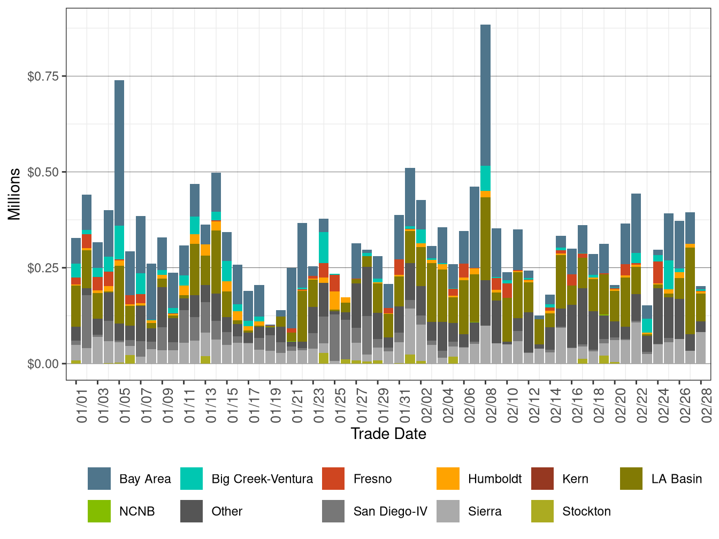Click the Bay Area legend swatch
pyautogui.click(x=99, y=479)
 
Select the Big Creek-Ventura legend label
pyautogui.click(x=262, y=479)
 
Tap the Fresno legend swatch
pyautogui.click(x=333, y=479)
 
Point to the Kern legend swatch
pyautogui.click(x=542, y=479)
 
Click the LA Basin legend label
pyautogui.click(x=676, y=479)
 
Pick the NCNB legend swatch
pyautogui.click(x=99, y=511)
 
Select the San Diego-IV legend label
pyautogui.click(x=390, y=511)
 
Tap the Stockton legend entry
pyautogui.click(x=586, y=511)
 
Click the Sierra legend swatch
pyautogui.click(x=448, y=511)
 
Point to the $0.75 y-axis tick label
pyautogui.click(x=43, y=76)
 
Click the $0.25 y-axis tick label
pyautogui.click(x=43, y=268)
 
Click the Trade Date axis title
pyautogui.click(x=388, y=434)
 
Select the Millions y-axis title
pyautogui.click(x=14, y=194)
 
